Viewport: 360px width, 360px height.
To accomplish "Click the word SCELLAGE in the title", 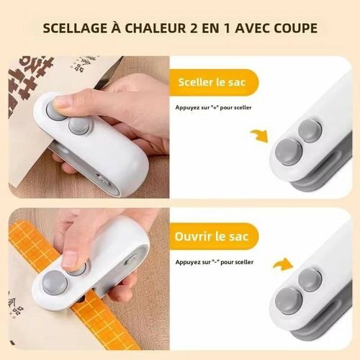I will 74,30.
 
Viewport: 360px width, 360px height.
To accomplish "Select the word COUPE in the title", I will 294,30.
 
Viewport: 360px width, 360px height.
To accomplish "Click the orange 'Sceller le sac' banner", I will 212,81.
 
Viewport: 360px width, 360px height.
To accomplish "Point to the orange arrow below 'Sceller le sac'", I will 258,134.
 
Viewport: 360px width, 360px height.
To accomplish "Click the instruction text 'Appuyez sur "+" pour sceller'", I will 213,108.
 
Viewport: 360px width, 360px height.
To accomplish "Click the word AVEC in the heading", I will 253,30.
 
